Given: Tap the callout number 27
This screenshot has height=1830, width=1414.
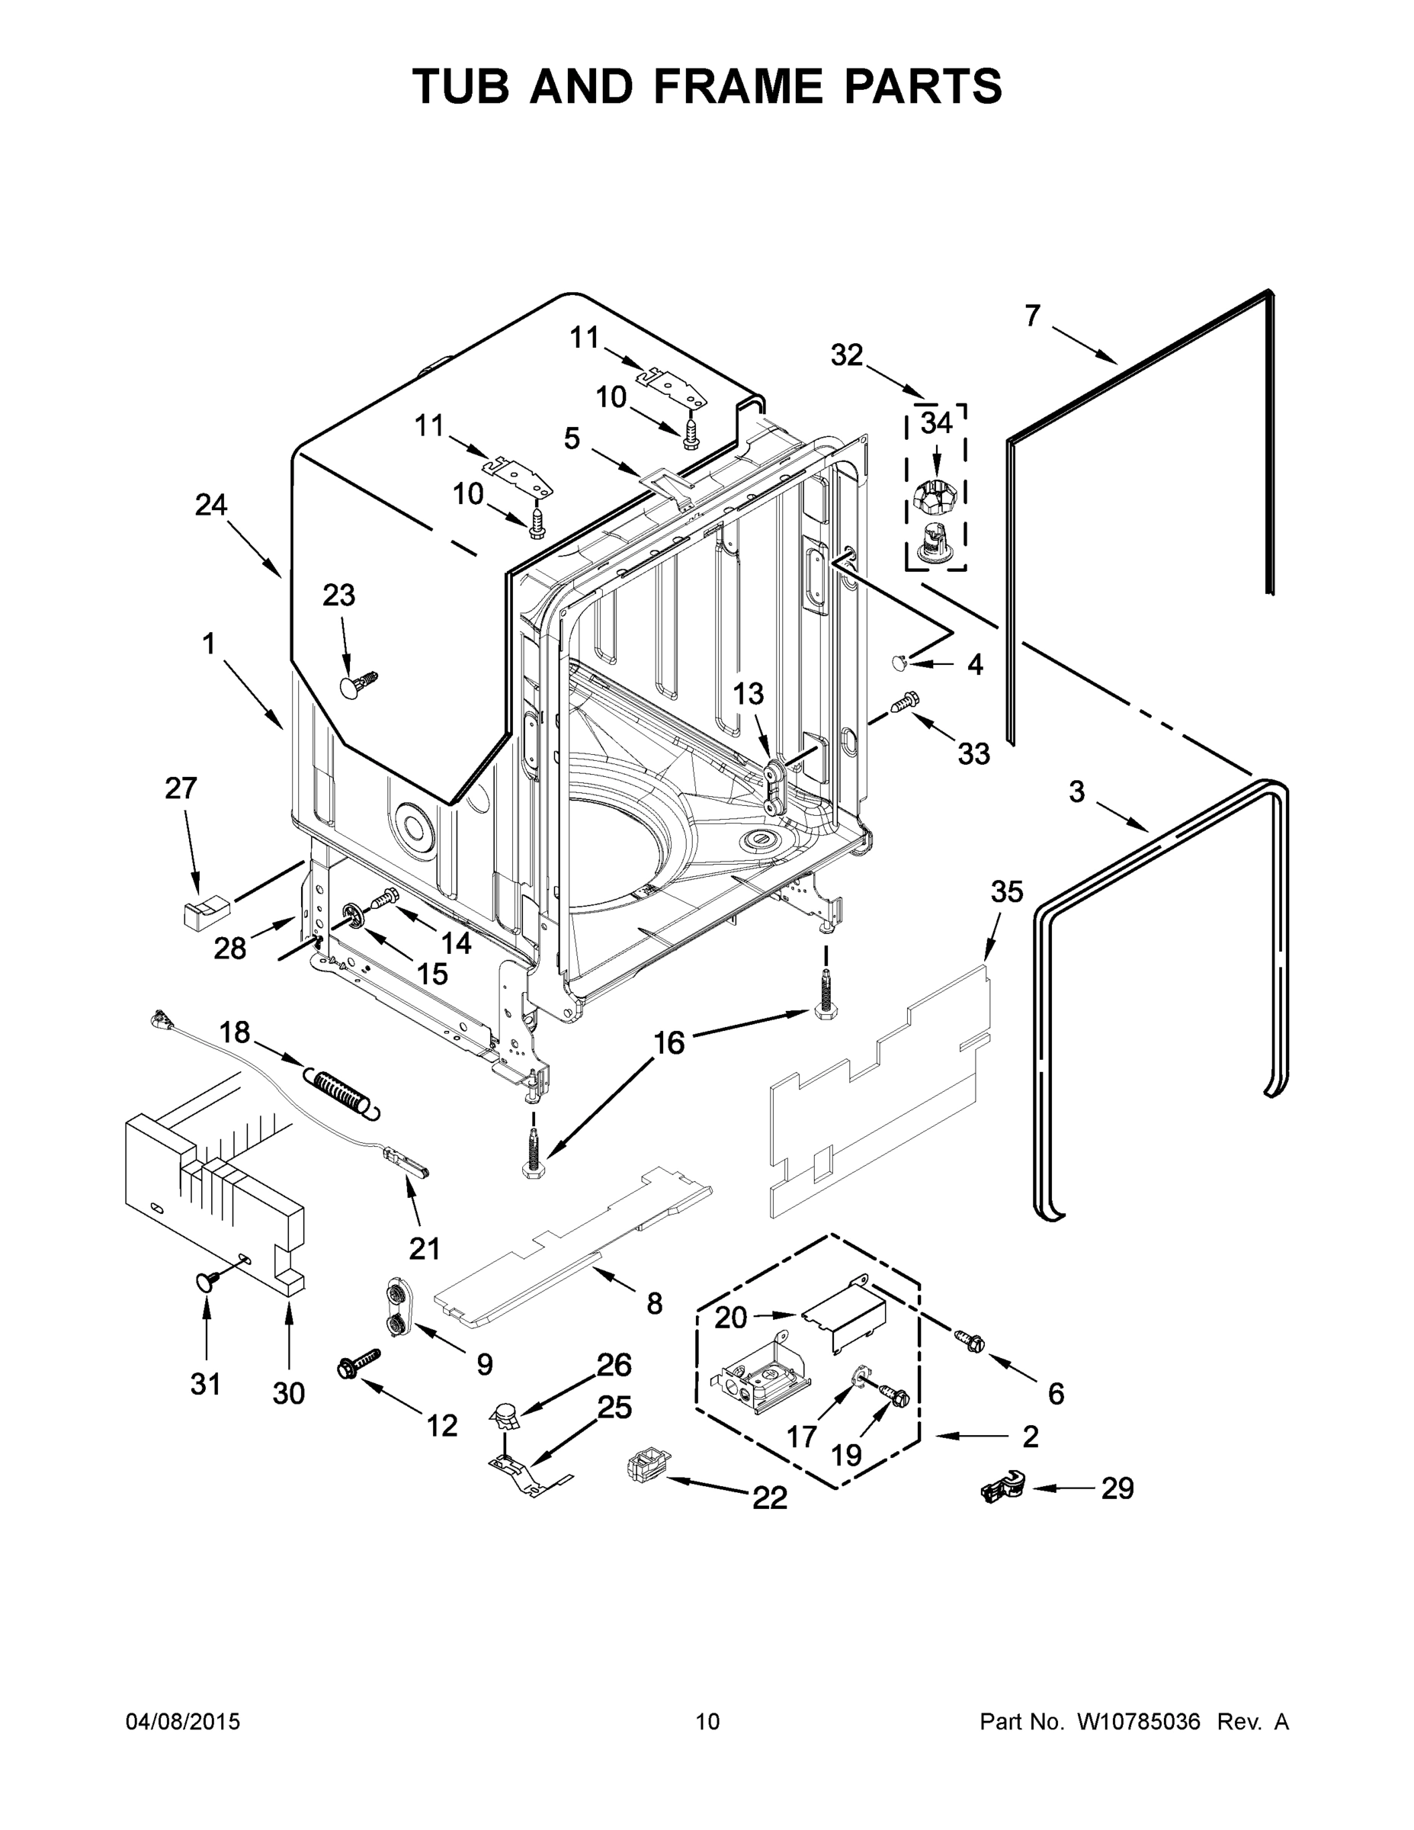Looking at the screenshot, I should pos(181,788).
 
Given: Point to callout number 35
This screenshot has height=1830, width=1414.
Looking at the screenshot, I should pos(1007,891).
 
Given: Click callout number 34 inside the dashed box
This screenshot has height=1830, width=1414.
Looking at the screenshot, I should pos(936,424).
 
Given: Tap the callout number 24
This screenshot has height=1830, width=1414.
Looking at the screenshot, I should pos(211,506).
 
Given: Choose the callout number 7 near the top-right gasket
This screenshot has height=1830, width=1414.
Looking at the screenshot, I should pos(1032,316).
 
